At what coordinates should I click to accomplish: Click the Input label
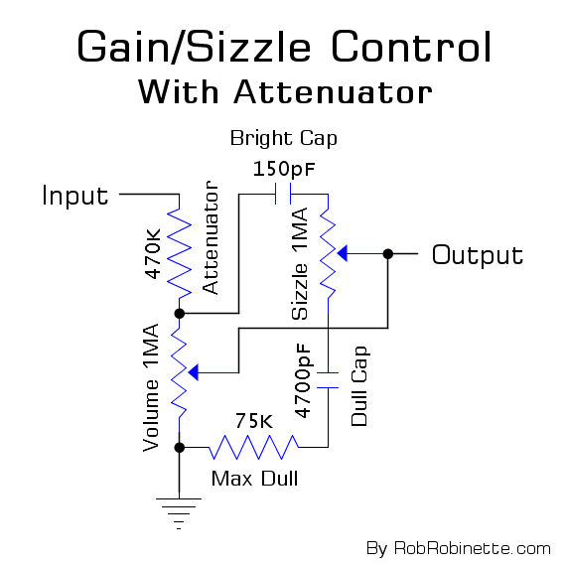[x=75, y=196]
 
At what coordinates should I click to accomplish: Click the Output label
[x=478, y=255]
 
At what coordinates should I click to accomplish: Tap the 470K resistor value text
[x=152, y=253]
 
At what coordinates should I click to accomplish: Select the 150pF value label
[x=284, y=169]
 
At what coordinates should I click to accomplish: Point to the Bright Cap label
[x=284, y=138]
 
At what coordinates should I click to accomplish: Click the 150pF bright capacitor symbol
[x=283, y=194]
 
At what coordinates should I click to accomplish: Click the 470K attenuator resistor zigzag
[x=179, y=253]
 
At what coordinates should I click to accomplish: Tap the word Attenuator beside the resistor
[x=211, y=237]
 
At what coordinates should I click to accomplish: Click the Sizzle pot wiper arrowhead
[x=342, y=253]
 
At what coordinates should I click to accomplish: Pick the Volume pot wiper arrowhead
[x=194, y=372]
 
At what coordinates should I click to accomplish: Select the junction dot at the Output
[x=387, y=254]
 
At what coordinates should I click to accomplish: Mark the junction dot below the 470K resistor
[x=180, y=314]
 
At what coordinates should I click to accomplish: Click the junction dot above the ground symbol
[x=180, y=448]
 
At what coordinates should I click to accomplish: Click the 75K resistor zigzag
[x=254, y=447]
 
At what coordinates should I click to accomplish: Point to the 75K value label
[x=254, y=420]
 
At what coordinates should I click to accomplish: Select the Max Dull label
[x=255, y=479]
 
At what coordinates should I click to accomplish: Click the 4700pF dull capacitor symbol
[x=328, y=380]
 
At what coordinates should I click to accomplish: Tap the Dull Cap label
[x=359, y=386]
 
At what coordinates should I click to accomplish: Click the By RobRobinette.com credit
[x=459, y=549]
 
